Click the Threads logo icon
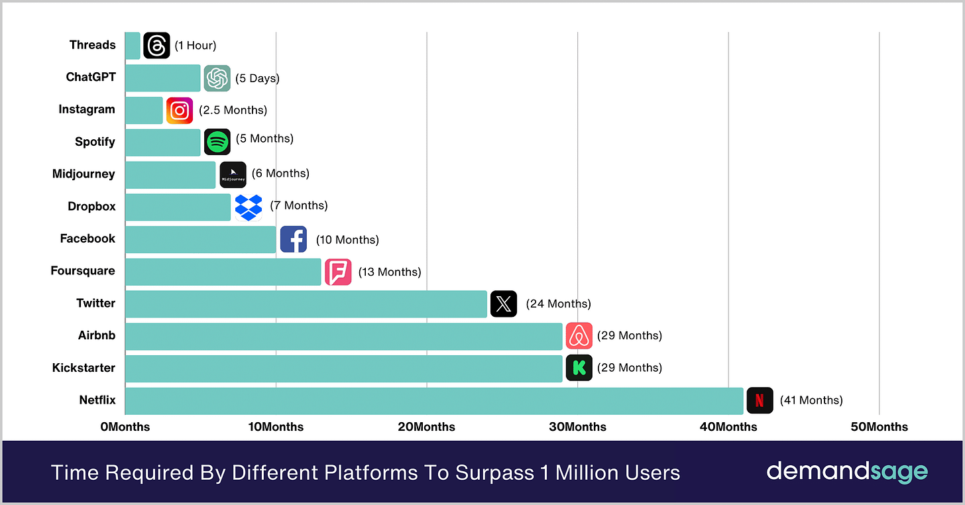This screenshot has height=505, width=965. (156, 46)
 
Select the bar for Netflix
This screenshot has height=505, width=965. (434, 401)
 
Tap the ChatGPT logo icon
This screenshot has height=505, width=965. (217, 78)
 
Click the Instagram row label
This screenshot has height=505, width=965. (86, 109)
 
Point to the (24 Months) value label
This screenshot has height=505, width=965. (558, 304)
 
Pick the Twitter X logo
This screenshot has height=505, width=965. (504, 304)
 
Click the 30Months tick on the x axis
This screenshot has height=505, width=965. (577, 427)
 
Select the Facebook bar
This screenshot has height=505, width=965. (201, 239)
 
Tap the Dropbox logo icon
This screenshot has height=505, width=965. (249, 207)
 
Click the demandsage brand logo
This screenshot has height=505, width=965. (847, 472)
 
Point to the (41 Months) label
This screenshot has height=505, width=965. (811, 400)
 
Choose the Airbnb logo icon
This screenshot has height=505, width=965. (579, 336)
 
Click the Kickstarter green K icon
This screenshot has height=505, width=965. (579, 368)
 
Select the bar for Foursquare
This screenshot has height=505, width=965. (223, 272)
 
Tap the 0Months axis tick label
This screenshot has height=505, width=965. (125, 427)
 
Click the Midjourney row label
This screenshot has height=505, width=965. (84, 174)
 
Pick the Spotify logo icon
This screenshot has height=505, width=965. (217, 142)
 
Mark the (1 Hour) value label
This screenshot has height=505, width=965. (196, 46)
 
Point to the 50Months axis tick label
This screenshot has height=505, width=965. (879, 427)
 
